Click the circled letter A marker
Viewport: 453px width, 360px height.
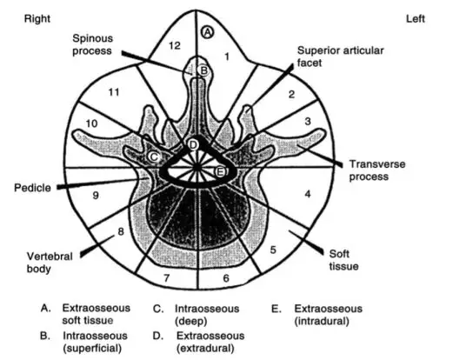pos(208,32)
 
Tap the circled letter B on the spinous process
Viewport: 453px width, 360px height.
pos(203,70)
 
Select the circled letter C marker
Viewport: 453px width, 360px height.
pos(154,157)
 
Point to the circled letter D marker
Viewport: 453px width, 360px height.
pos(193,144)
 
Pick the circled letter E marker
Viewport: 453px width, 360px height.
pos(220,171)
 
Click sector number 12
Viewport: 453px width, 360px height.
pos(175,45)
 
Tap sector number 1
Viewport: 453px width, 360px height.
pos(227,57)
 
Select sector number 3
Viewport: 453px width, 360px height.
pos(308,121)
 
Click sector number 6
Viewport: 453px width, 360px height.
pos(226,278)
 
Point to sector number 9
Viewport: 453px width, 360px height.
pos(96,196)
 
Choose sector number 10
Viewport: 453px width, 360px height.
pos(91,123)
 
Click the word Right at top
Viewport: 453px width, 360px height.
pos(37,19)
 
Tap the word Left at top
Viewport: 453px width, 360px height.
pos(416,19)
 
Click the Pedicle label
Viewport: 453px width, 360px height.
pos(32,188)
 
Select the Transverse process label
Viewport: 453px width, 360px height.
pos(377,170)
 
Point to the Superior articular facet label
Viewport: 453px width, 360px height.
pos(341,57)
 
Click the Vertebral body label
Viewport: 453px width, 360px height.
pos(50,263)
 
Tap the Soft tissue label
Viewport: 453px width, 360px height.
pos(343,260)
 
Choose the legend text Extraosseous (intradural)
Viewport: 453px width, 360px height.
pos(329,315)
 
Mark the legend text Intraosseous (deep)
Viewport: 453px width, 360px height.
pos(207,315)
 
